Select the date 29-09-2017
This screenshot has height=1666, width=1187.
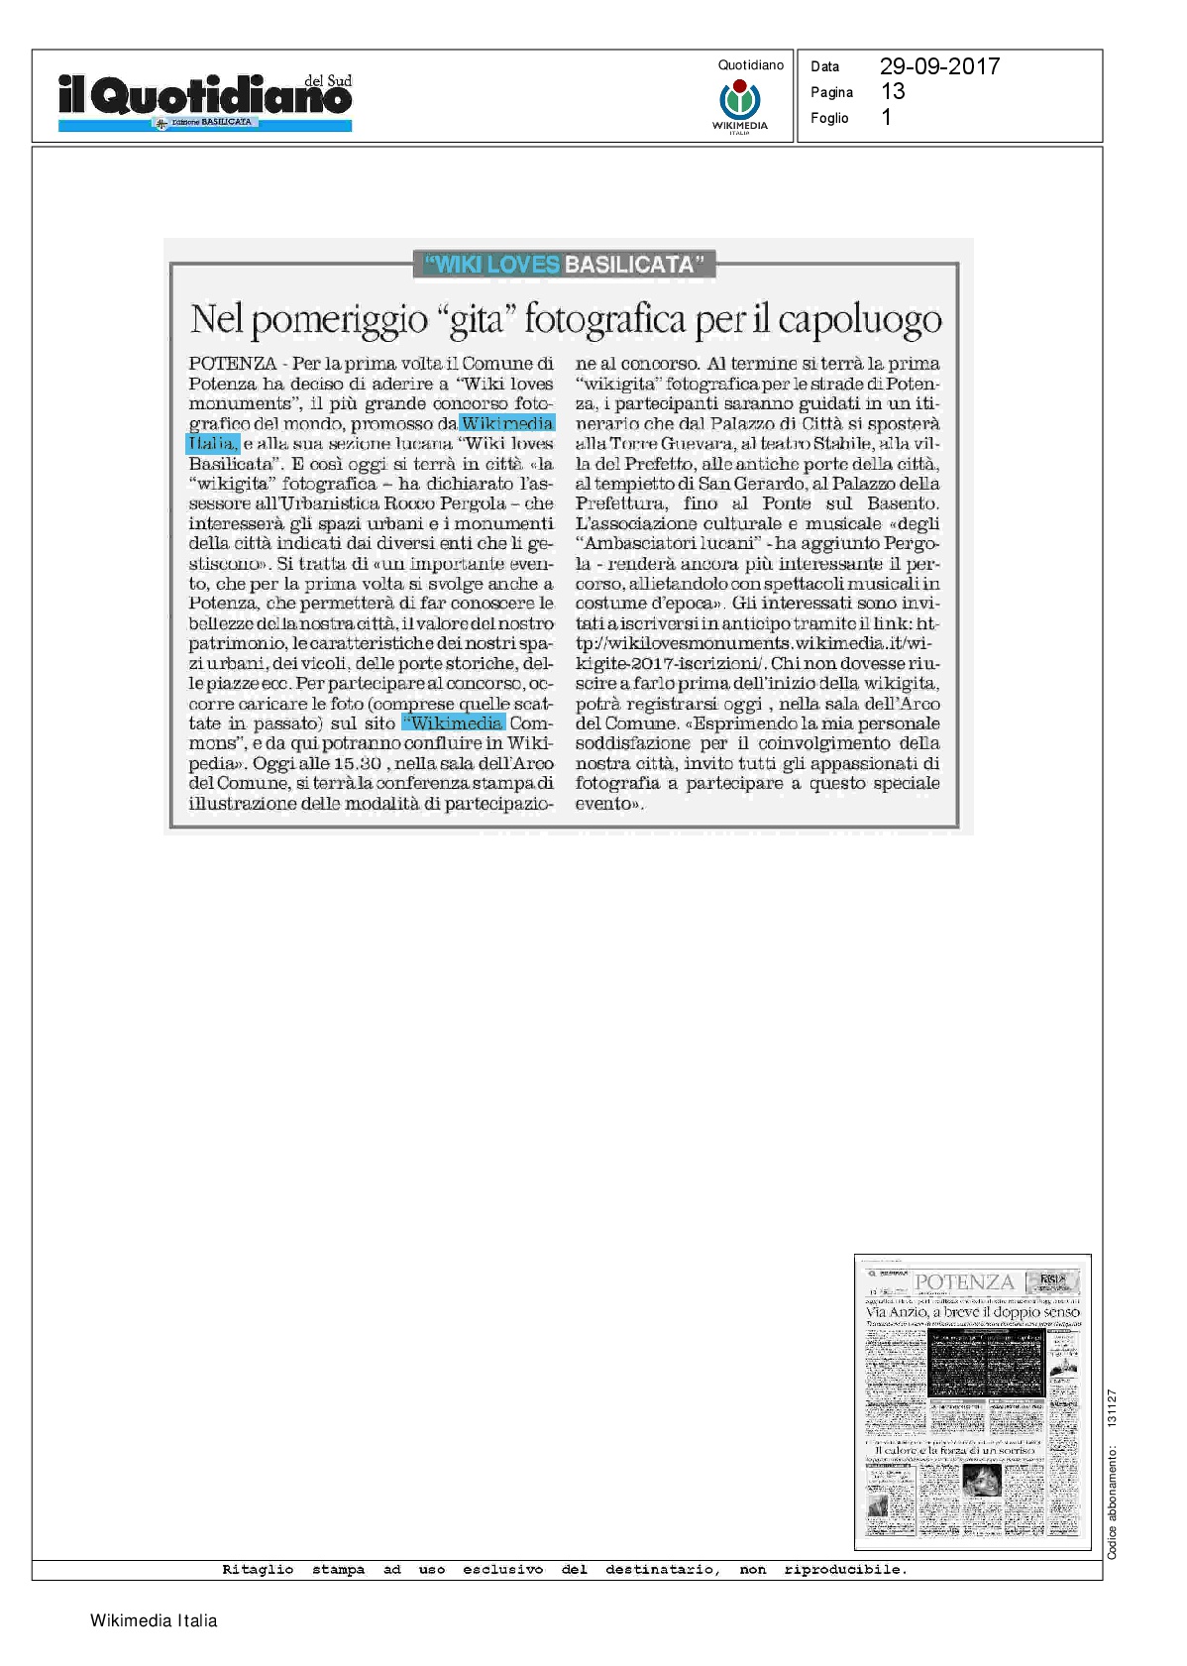939,66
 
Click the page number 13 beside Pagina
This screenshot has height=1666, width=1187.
893,92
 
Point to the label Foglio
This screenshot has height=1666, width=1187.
829,118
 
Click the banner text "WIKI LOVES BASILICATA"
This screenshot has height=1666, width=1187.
564,265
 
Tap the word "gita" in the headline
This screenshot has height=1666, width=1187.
478,319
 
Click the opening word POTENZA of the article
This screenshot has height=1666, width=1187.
233,364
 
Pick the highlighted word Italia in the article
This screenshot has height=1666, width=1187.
212,443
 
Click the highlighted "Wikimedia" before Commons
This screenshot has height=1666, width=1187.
455,723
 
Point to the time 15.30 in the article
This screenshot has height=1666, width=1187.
356,763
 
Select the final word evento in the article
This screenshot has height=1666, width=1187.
606,804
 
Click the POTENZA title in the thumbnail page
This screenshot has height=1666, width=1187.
964,1281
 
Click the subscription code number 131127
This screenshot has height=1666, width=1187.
1112,1408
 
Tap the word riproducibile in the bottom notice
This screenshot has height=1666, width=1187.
844,1570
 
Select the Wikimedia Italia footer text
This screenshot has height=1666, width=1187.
154,1621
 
